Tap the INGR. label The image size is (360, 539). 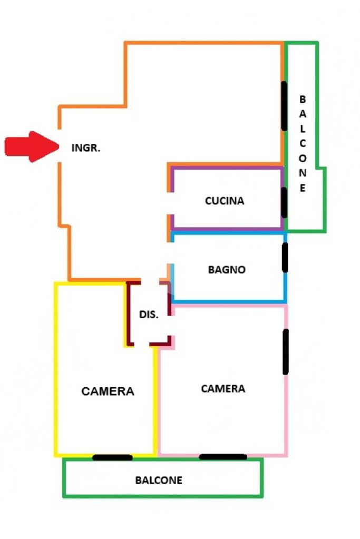coord(86,148)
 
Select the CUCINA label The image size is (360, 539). coord(225,201)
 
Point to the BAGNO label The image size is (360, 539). coord(227,270)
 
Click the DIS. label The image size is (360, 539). coord(149,315)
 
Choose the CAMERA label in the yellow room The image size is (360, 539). coord(108,391)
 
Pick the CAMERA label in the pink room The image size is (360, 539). coord(223,389)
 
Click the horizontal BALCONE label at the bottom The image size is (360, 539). coord(159,481)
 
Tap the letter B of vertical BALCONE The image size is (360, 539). coord(302,99)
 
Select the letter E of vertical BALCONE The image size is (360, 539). coord(303,188)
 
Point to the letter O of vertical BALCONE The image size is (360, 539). coord(303,158)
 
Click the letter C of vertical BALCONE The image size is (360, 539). coord(303,143)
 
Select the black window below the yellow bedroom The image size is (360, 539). coord(112,457)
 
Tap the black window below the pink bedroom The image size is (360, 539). coord(223,457)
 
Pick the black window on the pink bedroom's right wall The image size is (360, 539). coord(286,352)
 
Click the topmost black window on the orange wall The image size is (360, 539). coord(284,106)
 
